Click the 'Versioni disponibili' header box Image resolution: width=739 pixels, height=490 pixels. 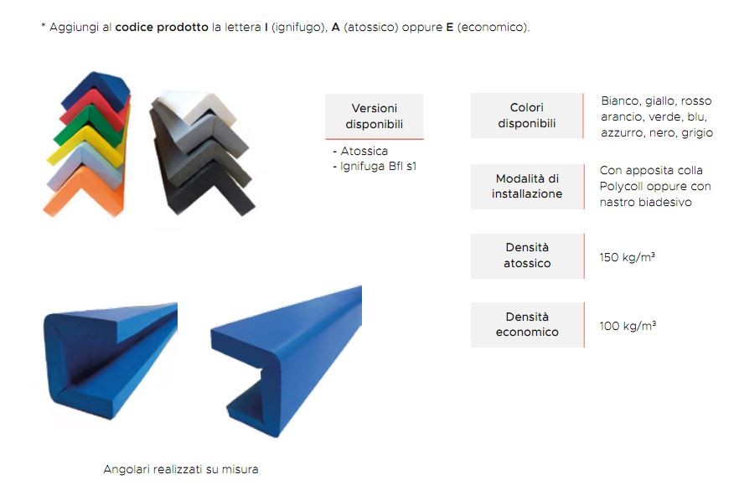pyautogui.click(x=374, y=116)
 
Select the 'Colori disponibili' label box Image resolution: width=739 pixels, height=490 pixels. pyautogui.click(x=527, y=116)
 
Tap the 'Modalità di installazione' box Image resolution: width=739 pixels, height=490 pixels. pyautogui.click(x=527, y=186)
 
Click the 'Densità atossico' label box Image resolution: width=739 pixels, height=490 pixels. pyautogui.click(x=527, y=255)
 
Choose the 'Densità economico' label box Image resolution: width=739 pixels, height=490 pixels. pyautogui.click(x=527, y=325)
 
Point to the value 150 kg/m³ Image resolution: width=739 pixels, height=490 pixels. pyautogui.click(x=627, y=257)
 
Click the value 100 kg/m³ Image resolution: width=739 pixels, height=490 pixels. pyautogui.click(x=628, y=326)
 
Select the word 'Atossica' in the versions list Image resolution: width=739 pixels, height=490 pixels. pyautogui.click(x=364, y=151)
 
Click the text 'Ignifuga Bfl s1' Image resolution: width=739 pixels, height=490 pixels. pyautogui.click(x=378, y=167)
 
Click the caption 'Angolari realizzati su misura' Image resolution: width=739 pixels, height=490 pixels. pyautogui.click(x=180, y=469)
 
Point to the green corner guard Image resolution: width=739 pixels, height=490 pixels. pyautogui.click(x=90, y=127)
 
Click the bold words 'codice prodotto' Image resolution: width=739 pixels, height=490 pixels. pyautogui.click(x=162, y=28)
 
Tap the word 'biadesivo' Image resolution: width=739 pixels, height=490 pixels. pyautogui.click(x=665, y=202)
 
